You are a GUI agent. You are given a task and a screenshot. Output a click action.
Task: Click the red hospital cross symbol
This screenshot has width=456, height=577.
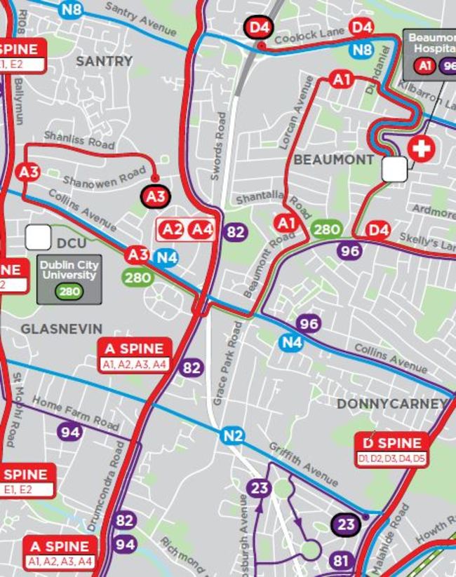coord(422,149)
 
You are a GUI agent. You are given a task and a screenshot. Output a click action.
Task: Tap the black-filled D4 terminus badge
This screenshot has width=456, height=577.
coord(260,28)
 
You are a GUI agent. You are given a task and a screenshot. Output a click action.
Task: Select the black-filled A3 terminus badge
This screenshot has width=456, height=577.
coord(156,197)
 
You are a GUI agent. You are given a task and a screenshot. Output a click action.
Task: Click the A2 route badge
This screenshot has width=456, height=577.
coord(173,229)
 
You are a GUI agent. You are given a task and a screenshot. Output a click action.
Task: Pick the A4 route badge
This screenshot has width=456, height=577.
coord(202,229)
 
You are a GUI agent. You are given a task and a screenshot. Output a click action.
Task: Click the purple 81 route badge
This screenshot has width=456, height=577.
coord(341,561)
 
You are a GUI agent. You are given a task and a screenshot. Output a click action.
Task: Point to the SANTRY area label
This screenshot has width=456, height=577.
coord(104,61)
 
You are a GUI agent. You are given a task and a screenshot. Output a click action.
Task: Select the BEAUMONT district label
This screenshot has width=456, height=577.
coord(333,160)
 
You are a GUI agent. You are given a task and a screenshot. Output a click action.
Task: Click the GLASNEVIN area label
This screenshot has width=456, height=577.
coord(61,329)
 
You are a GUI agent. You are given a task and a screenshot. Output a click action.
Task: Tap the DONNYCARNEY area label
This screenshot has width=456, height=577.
coord(392,404)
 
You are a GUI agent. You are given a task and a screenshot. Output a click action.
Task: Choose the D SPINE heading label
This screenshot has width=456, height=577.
coord(392,443)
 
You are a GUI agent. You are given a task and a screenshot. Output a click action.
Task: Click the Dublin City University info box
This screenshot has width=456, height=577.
coord(69,279)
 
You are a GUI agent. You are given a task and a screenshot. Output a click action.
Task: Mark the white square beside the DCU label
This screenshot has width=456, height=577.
coord(38,238)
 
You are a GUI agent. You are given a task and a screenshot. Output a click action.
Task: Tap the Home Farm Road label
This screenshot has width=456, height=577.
coord(76,414)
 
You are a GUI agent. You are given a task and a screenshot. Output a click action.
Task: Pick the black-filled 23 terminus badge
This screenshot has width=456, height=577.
coord(346,524)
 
